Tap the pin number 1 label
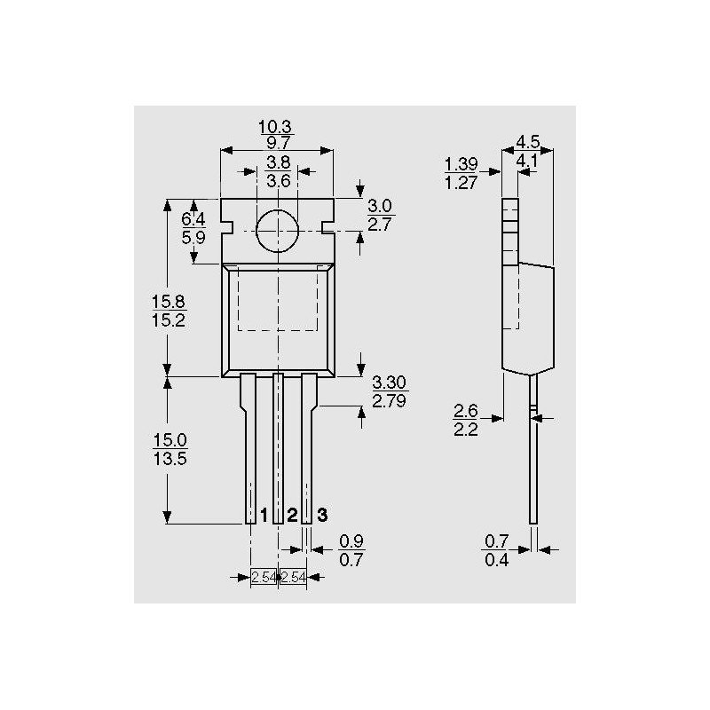[264, 515]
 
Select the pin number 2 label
[292, 515]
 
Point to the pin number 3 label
[322, 515]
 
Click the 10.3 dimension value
[275, 126]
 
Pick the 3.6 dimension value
[278, 181]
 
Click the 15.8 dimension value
[169, 302]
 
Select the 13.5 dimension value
[170, 459]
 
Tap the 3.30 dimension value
[390, 383]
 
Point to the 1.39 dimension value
[461, 164]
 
